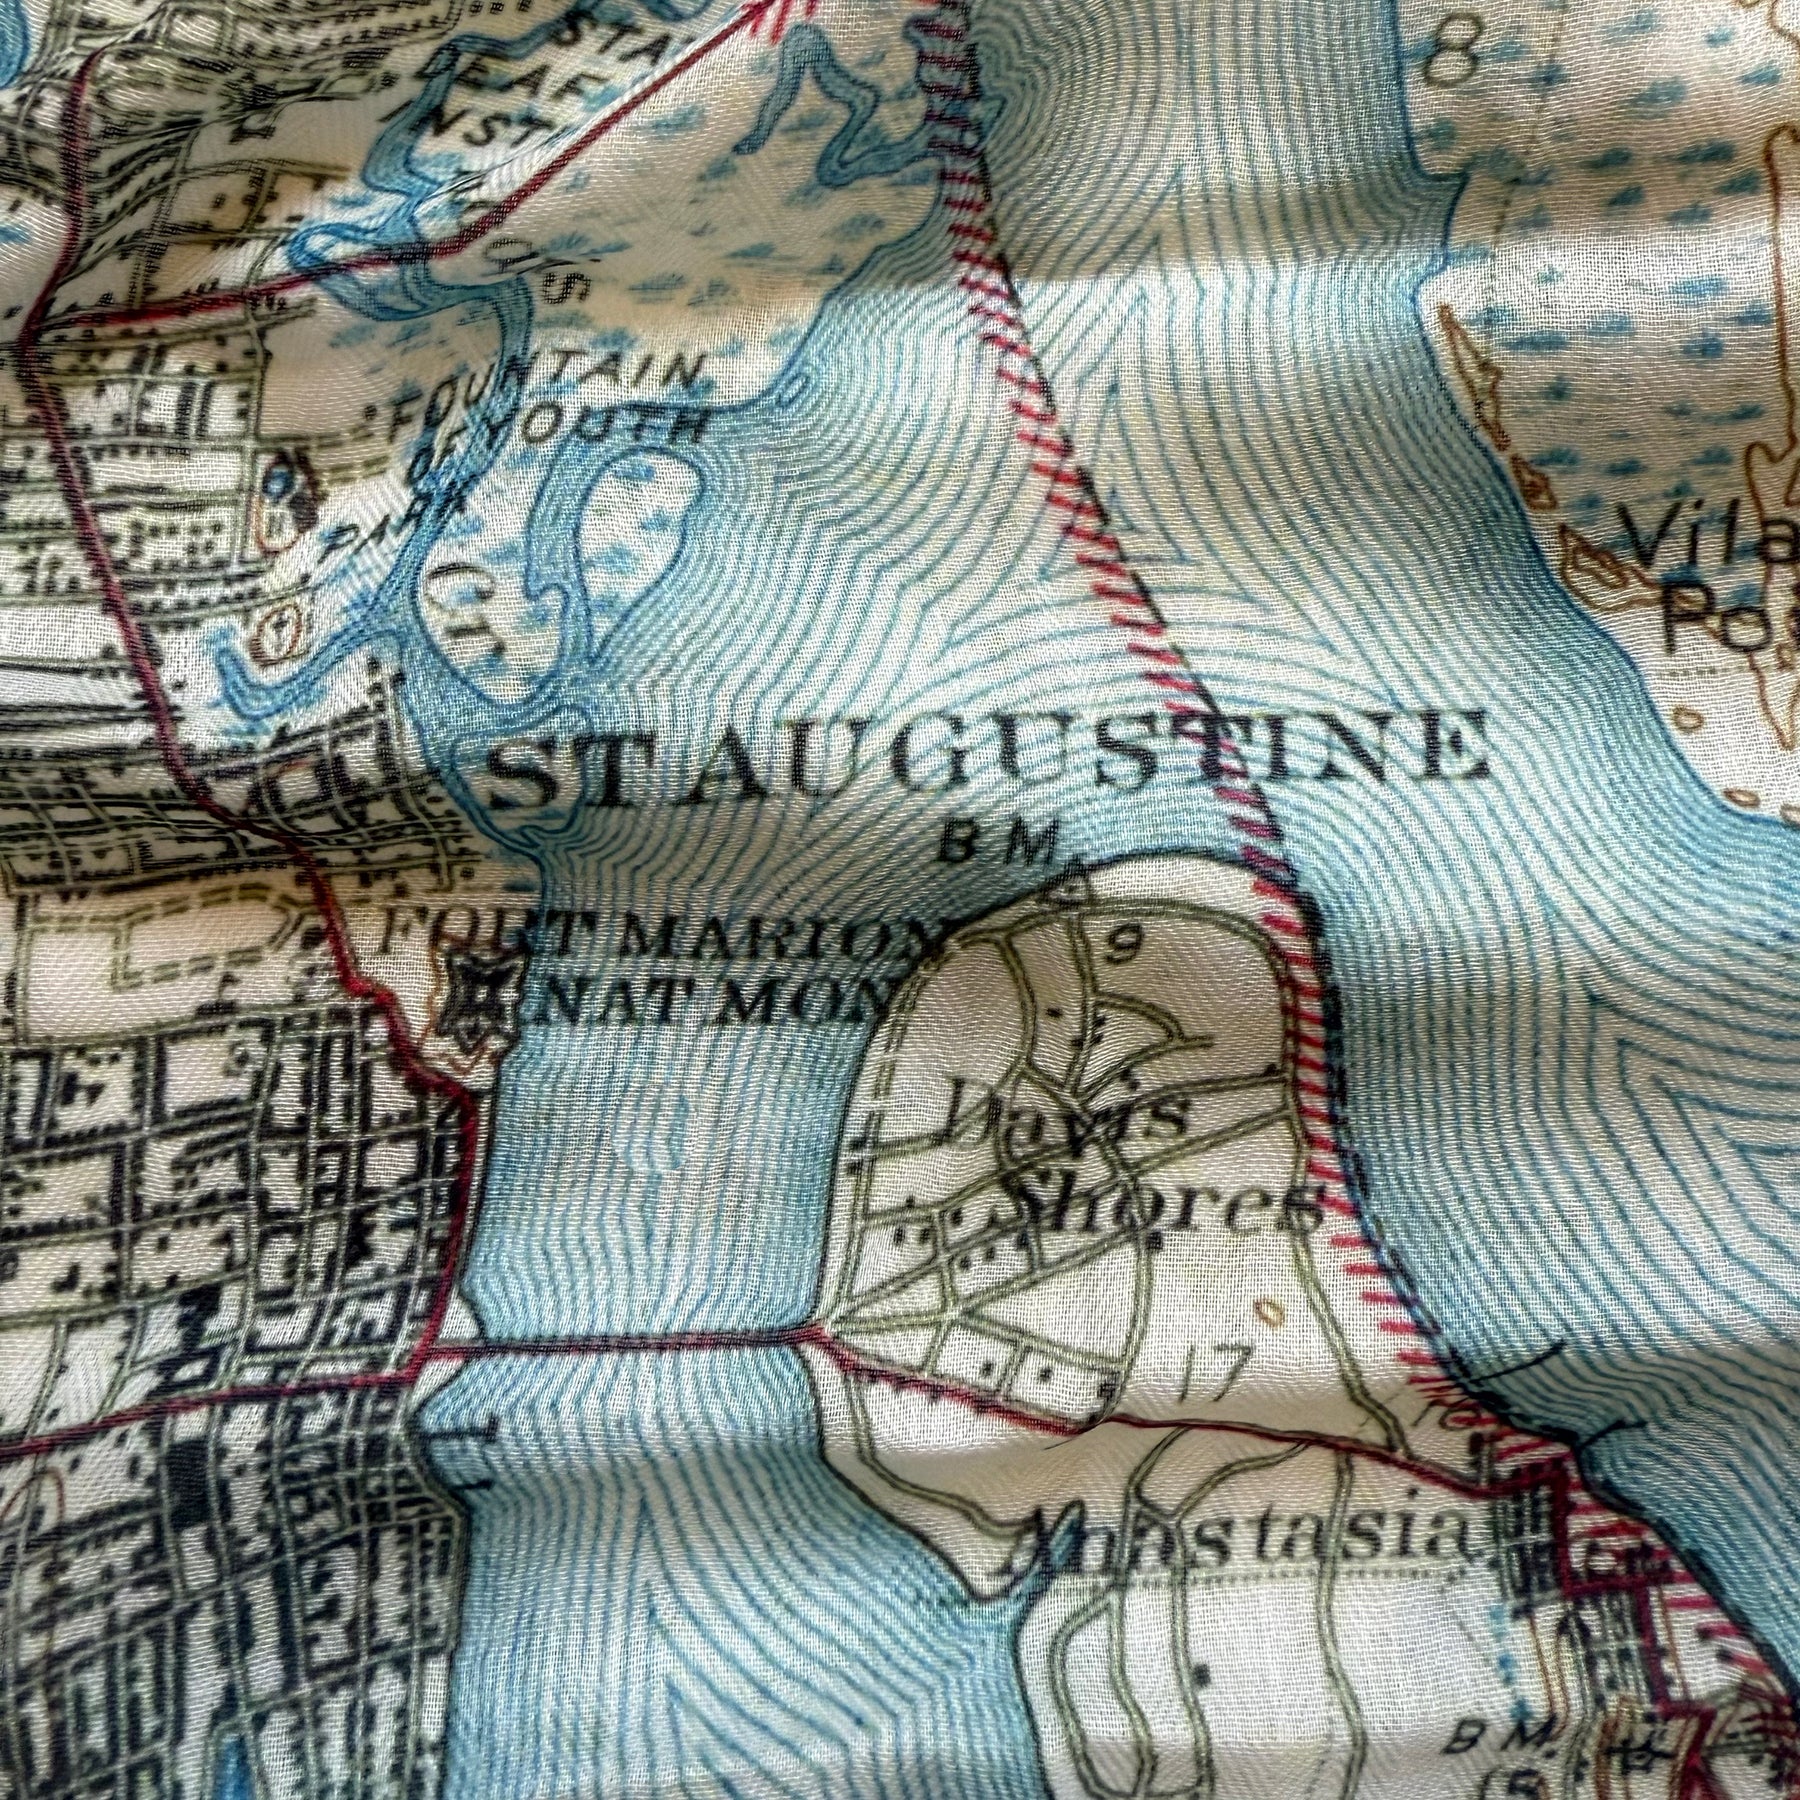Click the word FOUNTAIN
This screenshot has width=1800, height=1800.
pyautogui.click(x=545, y=385)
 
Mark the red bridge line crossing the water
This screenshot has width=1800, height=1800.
pyautogui.click(x=630, y=1345)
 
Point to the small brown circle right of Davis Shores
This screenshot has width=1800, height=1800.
pyautogui.click(x=1270, y=1309)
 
